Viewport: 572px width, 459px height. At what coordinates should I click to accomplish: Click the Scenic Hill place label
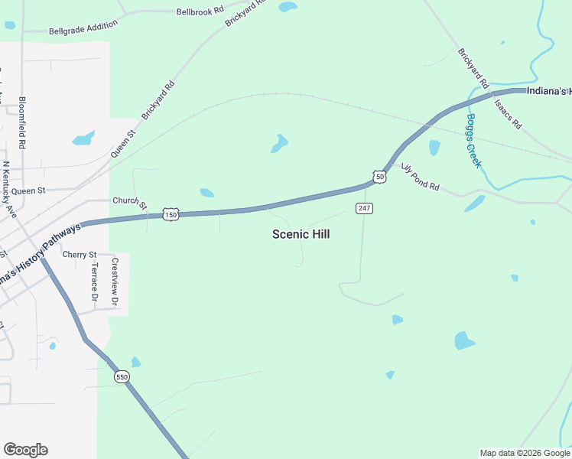point(301,234)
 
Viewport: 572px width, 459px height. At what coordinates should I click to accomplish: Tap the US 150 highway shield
point(171,216)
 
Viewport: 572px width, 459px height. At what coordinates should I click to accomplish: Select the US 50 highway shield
point(380,177)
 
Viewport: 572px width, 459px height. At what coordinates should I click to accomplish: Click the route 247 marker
point(364,208)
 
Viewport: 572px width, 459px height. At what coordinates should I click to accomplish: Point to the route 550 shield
point(122,377)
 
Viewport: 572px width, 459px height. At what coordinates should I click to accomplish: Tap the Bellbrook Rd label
point(200,11)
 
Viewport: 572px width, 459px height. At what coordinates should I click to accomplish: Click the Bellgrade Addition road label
point(83,28)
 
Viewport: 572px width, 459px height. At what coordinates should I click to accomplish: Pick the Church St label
point(129,202)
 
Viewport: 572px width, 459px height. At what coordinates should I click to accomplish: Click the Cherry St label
point(80,254)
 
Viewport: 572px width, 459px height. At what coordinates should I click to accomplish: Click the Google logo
point(25,450)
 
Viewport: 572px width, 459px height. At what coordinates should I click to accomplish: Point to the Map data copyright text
point(524,453)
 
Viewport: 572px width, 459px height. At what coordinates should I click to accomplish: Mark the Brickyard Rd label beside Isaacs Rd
point(473,67)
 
